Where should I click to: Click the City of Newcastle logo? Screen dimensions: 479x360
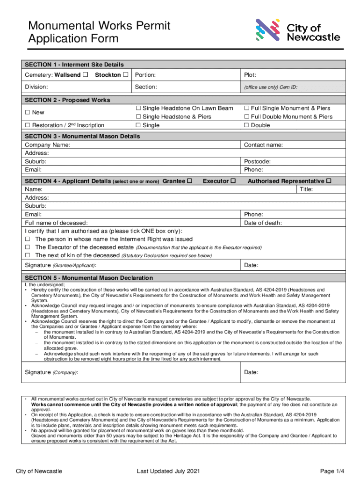coord(297,30)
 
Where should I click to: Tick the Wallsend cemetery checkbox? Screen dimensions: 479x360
coord(85,75)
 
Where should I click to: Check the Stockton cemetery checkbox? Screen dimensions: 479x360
coord(125,75)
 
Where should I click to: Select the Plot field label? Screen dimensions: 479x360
coord(250,75)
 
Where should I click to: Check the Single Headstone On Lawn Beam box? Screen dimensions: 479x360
coord(138,109)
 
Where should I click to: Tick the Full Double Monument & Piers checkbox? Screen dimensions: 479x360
coord(247,117)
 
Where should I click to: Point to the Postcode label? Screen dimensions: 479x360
coord(257,161)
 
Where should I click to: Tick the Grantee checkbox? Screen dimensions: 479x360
coord(190,181)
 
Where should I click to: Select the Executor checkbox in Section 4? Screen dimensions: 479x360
coord(233,181)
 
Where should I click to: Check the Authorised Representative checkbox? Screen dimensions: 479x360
coord(329,181)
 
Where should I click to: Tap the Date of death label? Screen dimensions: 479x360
coord(263,223)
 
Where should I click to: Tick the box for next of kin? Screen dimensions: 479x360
coord(28,255)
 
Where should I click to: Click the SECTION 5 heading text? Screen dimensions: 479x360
coord(89,278)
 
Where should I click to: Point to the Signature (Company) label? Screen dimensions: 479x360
coord(51,372)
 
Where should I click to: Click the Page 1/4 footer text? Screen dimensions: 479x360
coord(332,471)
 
